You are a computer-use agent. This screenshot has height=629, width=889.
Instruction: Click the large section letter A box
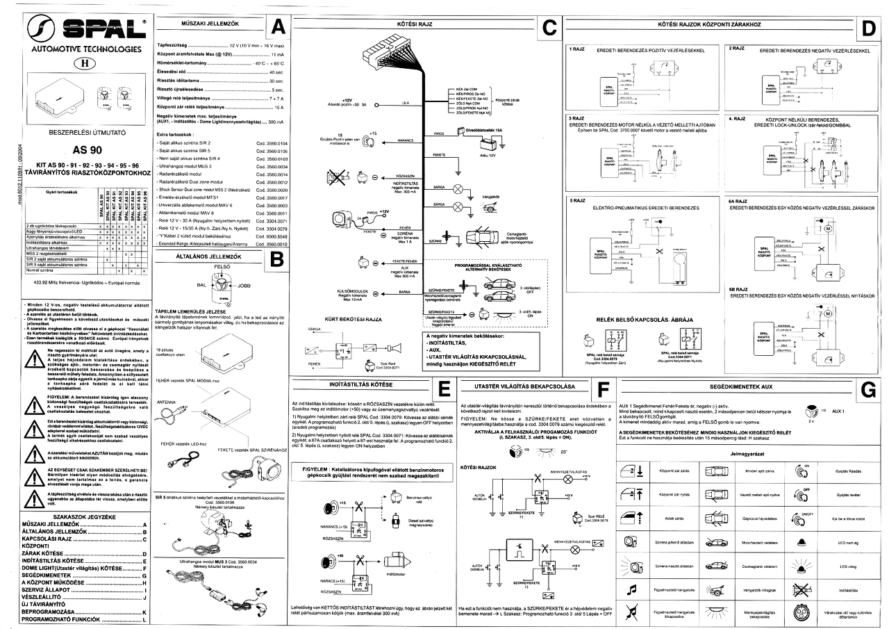click(276, 27)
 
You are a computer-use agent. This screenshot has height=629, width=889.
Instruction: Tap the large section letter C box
click(548, 27)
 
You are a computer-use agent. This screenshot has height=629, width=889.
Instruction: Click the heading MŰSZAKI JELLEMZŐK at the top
click(201, 24)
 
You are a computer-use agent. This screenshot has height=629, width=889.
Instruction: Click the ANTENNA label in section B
click(167, 402)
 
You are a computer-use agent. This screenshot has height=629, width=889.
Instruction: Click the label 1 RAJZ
click(579, 50)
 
